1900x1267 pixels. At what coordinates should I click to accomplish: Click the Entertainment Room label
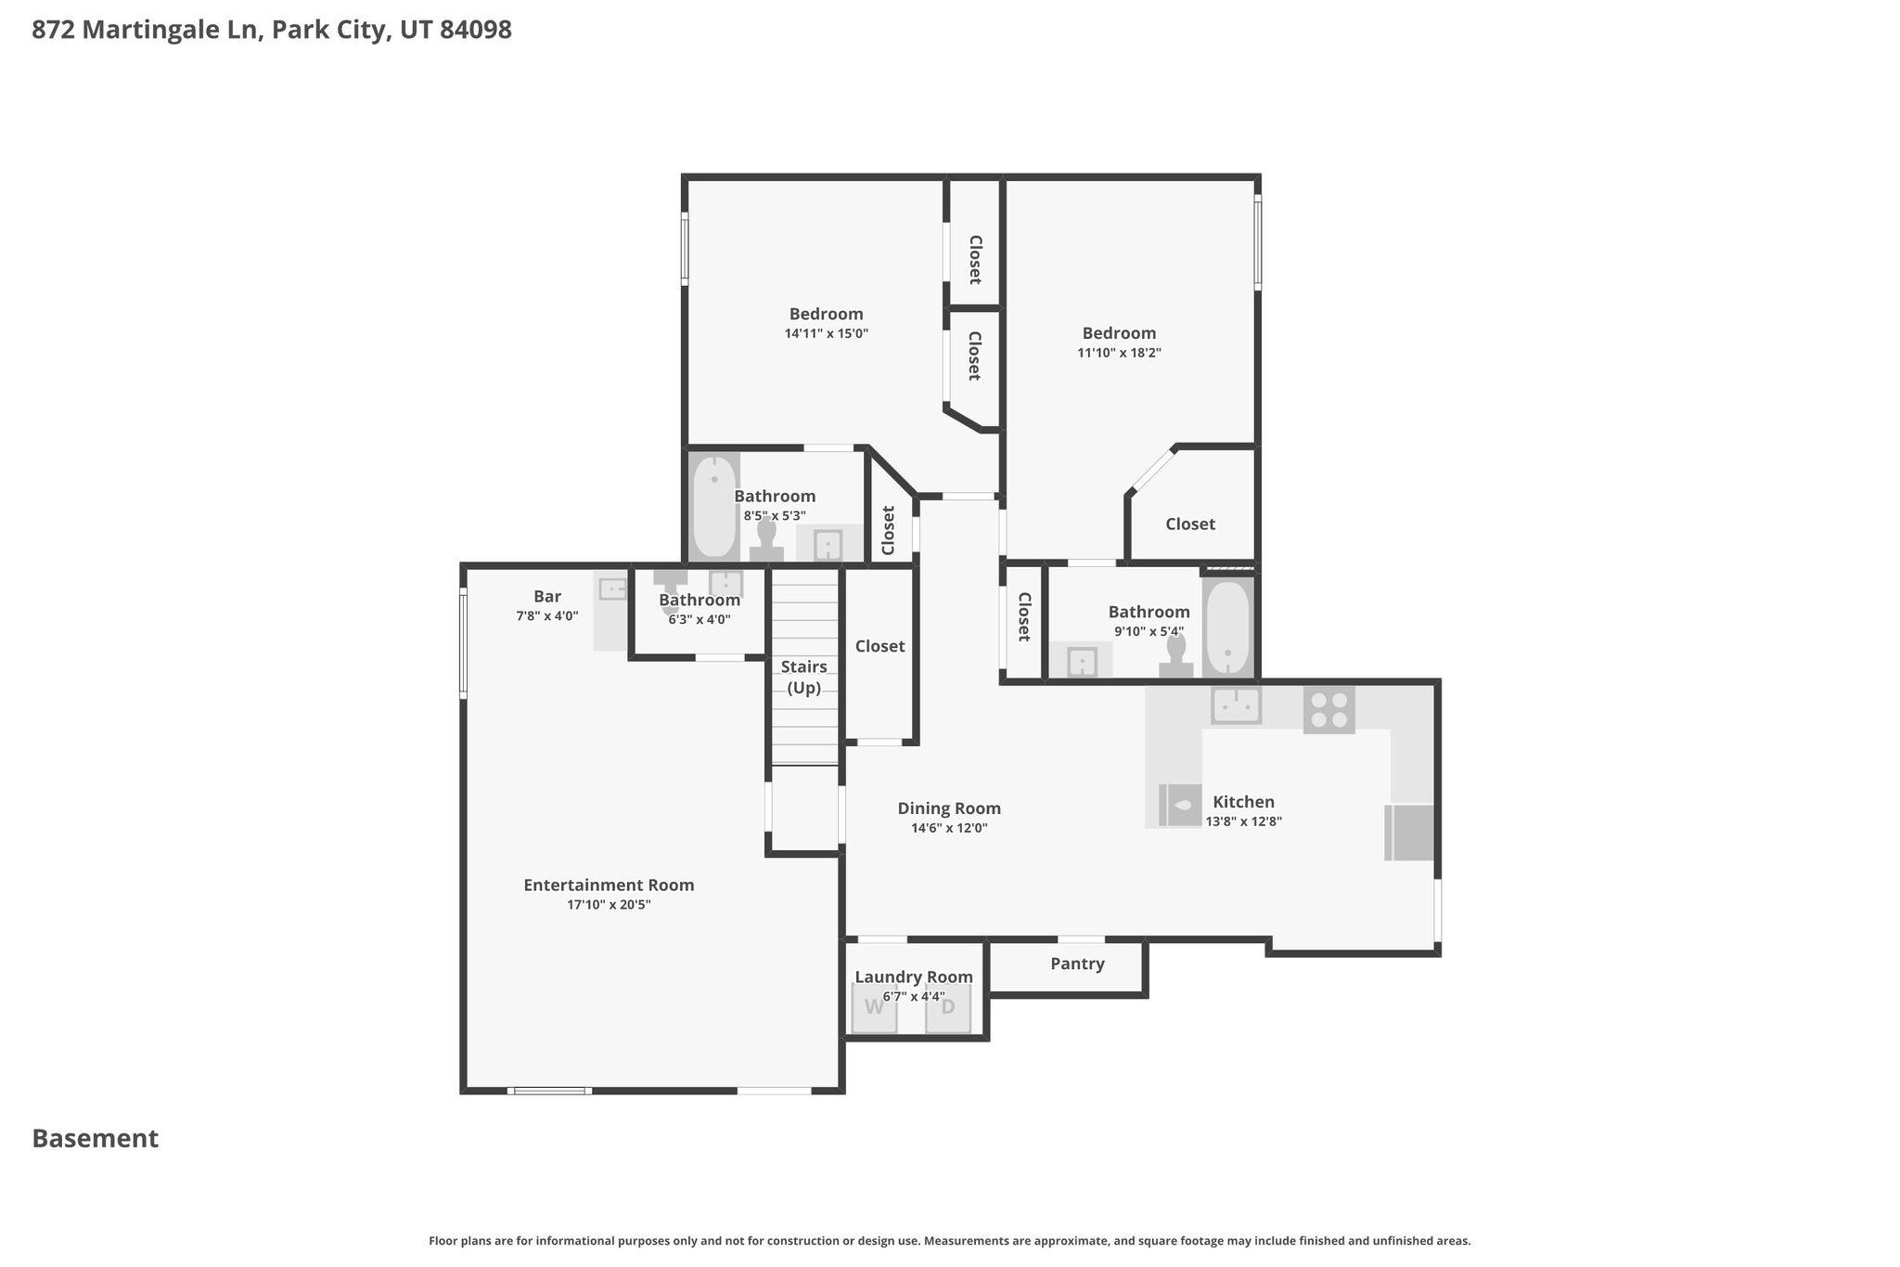[609, 885]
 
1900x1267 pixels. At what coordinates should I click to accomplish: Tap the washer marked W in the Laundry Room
[875, 1008]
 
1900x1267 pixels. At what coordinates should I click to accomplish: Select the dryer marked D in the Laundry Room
[948, 1008]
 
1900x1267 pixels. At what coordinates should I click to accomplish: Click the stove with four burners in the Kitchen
[1329, 709]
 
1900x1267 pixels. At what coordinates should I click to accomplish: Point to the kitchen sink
[1236, 705]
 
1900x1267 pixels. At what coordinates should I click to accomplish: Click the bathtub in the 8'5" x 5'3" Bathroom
[715, 507]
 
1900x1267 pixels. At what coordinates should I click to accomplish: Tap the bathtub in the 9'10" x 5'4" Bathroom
[1227, 627]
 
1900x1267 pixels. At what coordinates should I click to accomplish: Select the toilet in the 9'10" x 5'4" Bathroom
[1176, 655]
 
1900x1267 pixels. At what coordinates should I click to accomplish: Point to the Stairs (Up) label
[804, 678]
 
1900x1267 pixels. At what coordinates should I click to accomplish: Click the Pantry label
[1077, 963]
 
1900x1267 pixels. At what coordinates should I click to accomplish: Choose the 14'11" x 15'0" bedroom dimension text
[827, 333]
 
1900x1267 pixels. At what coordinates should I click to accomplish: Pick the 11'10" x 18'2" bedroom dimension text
[1119, 353]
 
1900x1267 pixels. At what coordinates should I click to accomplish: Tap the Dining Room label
[949, 808]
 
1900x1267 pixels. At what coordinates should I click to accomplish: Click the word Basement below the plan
[96, 1138]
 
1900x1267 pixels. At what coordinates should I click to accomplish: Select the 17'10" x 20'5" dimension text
[609, 905]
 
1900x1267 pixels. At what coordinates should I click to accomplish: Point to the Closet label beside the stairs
[879, 646]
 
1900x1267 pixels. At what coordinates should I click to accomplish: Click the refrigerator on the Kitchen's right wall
[1409, 833]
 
